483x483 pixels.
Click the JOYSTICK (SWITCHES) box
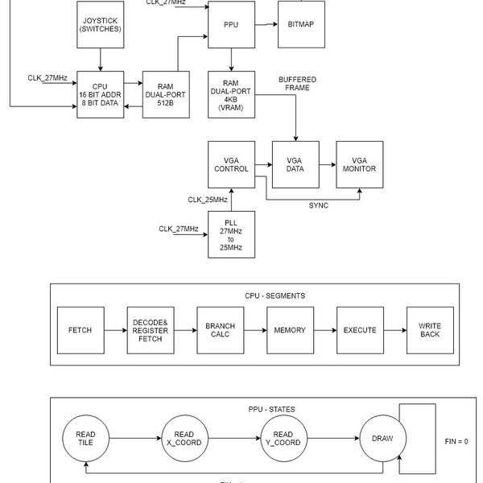(100, 24)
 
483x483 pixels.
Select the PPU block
(230, 25)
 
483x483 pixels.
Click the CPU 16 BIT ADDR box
(100, 94)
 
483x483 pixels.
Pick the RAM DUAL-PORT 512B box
(166, 94)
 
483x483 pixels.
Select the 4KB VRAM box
(231, 94)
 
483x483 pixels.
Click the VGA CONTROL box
(230, 164)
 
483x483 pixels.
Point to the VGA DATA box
(295, 164)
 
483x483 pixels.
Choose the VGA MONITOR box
(361, 164)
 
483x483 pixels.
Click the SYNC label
(318, 205)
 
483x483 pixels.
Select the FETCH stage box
(80, 330)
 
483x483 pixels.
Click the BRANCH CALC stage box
(220, 330)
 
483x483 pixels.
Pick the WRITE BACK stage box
(430, 330)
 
